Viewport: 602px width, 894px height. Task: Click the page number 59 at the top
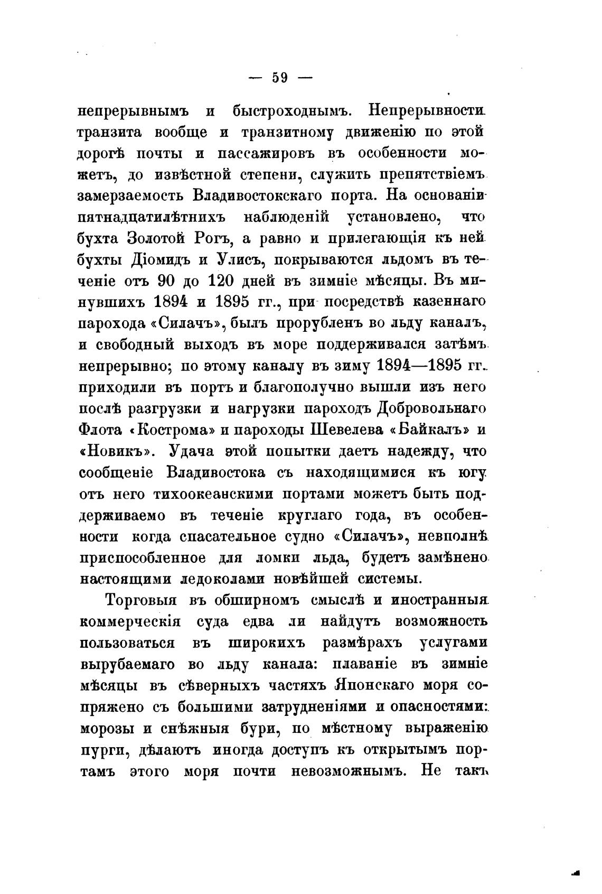[279, 78]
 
